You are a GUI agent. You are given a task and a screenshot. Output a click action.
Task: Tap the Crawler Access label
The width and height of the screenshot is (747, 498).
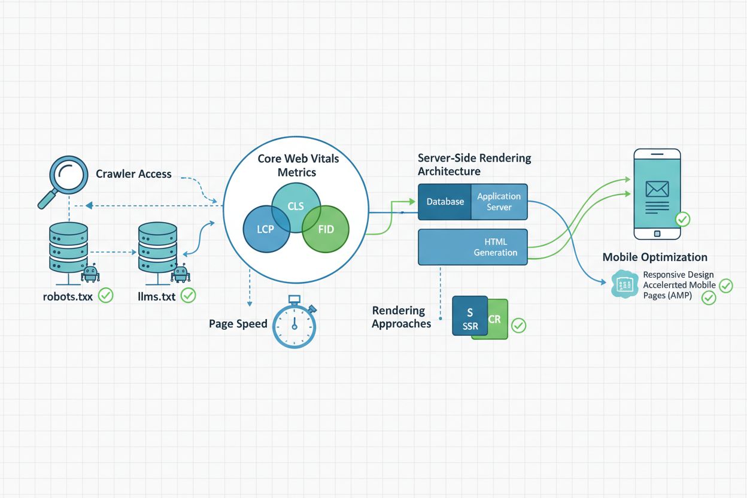pos(133,174)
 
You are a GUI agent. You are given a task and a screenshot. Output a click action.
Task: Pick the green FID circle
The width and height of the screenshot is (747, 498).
pos(326,229)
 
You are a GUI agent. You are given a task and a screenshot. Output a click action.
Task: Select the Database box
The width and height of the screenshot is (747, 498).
pos(445,202)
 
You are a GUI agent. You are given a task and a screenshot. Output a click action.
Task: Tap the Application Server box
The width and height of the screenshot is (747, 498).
pos(499,202)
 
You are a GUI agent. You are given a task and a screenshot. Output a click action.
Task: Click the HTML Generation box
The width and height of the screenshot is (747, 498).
pos(473,247)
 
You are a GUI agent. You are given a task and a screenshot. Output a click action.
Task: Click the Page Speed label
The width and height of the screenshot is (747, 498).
pos(238,324)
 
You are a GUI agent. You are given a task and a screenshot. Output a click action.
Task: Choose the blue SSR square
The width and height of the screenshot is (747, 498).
pos(469,315)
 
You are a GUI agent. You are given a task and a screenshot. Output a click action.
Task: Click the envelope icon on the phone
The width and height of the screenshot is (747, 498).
pos(657,189)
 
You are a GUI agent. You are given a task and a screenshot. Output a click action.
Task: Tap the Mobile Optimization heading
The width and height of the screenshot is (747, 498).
pos(655,257)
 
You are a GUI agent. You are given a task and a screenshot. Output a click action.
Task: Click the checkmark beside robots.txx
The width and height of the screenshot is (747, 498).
pos(106,295)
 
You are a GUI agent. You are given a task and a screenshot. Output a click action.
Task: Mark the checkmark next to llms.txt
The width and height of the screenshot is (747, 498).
pos(188,295)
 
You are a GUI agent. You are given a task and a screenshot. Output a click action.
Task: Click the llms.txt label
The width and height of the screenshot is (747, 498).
pos(156,296)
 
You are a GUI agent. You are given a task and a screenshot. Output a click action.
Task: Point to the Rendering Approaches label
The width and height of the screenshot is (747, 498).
pos(401,317)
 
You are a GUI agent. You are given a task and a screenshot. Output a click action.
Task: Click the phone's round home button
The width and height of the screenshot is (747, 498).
pos(657,233)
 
